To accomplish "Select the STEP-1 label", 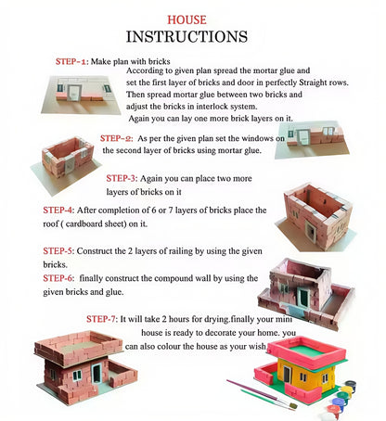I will (x=73, y=61).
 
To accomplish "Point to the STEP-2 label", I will (x=116, y=138).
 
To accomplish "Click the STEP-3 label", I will (x=122, y=178).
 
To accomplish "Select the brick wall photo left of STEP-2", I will (x=67, y=158).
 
